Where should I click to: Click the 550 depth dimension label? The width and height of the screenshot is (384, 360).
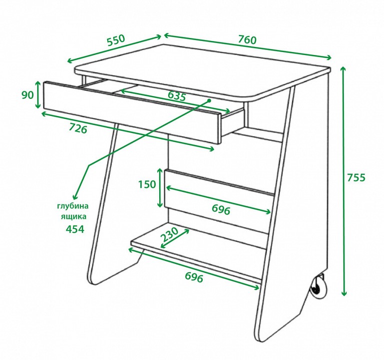click(116, 40)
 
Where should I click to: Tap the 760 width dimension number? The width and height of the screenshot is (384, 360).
click(247, 39)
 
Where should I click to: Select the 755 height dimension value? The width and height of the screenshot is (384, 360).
click(356, 177)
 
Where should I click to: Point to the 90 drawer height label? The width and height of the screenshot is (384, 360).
click(28, 95)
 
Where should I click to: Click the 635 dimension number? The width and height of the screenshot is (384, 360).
click(177, 96)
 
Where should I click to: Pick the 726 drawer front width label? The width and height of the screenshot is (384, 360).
click(78, 128)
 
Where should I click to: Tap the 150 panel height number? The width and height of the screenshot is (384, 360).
click(147, 184)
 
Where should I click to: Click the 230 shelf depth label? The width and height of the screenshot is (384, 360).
click(169, 234)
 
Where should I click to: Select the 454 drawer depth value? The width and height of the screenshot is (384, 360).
click(75, 229)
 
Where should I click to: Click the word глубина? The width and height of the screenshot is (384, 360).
click(73, 206)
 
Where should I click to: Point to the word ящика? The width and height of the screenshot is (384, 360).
click(74, 216)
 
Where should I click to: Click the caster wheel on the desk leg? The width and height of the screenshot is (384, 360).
click(318, 287)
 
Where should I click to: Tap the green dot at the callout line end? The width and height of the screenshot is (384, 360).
click(209, 100)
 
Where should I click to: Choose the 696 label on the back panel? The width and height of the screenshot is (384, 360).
click(221, 209)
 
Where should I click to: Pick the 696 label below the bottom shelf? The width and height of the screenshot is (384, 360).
click(194, 277)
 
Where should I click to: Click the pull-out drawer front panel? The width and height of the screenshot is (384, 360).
click(132, 112)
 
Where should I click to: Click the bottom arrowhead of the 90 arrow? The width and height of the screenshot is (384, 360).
click(38, 105)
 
